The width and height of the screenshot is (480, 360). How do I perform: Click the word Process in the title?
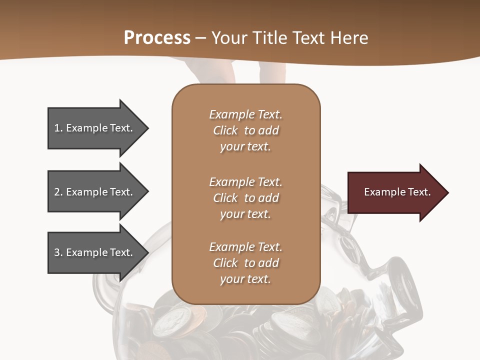[x=157, y=38]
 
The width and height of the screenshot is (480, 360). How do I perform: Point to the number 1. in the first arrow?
[x=58, y=128]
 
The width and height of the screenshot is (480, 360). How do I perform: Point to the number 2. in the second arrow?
[x=58, y=192]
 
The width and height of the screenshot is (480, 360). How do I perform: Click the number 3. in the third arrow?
[x=58, y=252]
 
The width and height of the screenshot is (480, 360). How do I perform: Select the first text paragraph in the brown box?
[x=245, y=130]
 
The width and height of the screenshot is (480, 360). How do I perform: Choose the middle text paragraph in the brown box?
[x=245, y=197]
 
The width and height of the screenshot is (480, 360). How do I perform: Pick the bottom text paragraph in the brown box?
[x=245, y=263]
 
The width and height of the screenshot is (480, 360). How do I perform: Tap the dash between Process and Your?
[x=201, y=38]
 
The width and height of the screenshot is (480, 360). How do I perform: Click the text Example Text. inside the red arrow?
[x=397, y=192]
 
